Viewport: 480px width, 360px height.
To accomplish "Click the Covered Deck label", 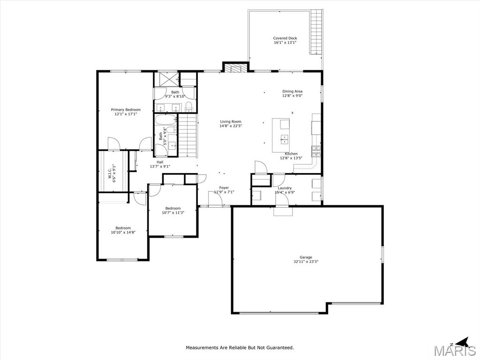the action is point(285,38).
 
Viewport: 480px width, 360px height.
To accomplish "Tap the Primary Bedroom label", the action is point(126,110).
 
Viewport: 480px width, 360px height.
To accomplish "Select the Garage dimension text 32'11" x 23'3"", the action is point(306,262).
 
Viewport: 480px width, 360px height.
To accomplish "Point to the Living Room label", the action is point(231,121).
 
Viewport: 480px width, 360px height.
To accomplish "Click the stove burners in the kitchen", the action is point(316,151).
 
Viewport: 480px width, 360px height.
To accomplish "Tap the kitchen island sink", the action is point(285,139).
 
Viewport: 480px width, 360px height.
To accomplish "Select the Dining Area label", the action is point(292,91).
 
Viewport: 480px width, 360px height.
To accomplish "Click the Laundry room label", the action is point(285,188).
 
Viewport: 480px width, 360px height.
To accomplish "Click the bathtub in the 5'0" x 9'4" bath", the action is point(165,120).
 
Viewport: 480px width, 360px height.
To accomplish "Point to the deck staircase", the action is point(317,32).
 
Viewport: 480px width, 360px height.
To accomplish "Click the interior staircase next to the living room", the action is point(187,135).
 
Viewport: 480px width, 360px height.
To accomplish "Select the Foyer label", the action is point(224,188).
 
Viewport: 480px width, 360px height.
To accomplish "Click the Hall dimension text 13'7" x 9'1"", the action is point(160,166).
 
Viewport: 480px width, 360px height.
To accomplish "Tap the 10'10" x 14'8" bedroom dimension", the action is point(123,232).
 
